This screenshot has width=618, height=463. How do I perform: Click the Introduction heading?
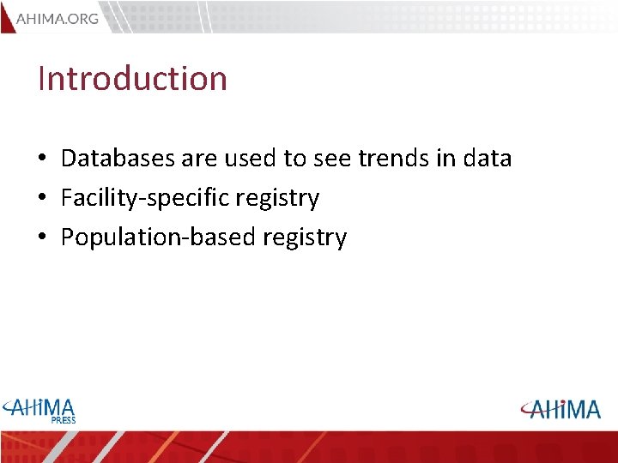(133, 79)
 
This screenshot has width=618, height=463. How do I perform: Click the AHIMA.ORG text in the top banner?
(57, 19)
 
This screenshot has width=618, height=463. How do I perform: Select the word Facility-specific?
(142, 198)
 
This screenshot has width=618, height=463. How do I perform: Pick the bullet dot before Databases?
(41, 159)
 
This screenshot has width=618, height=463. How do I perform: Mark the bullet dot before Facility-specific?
(41, 199)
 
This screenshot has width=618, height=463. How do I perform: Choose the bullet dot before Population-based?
(41, 238)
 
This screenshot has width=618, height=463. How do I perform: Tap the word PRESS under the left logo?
(63, 420)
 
